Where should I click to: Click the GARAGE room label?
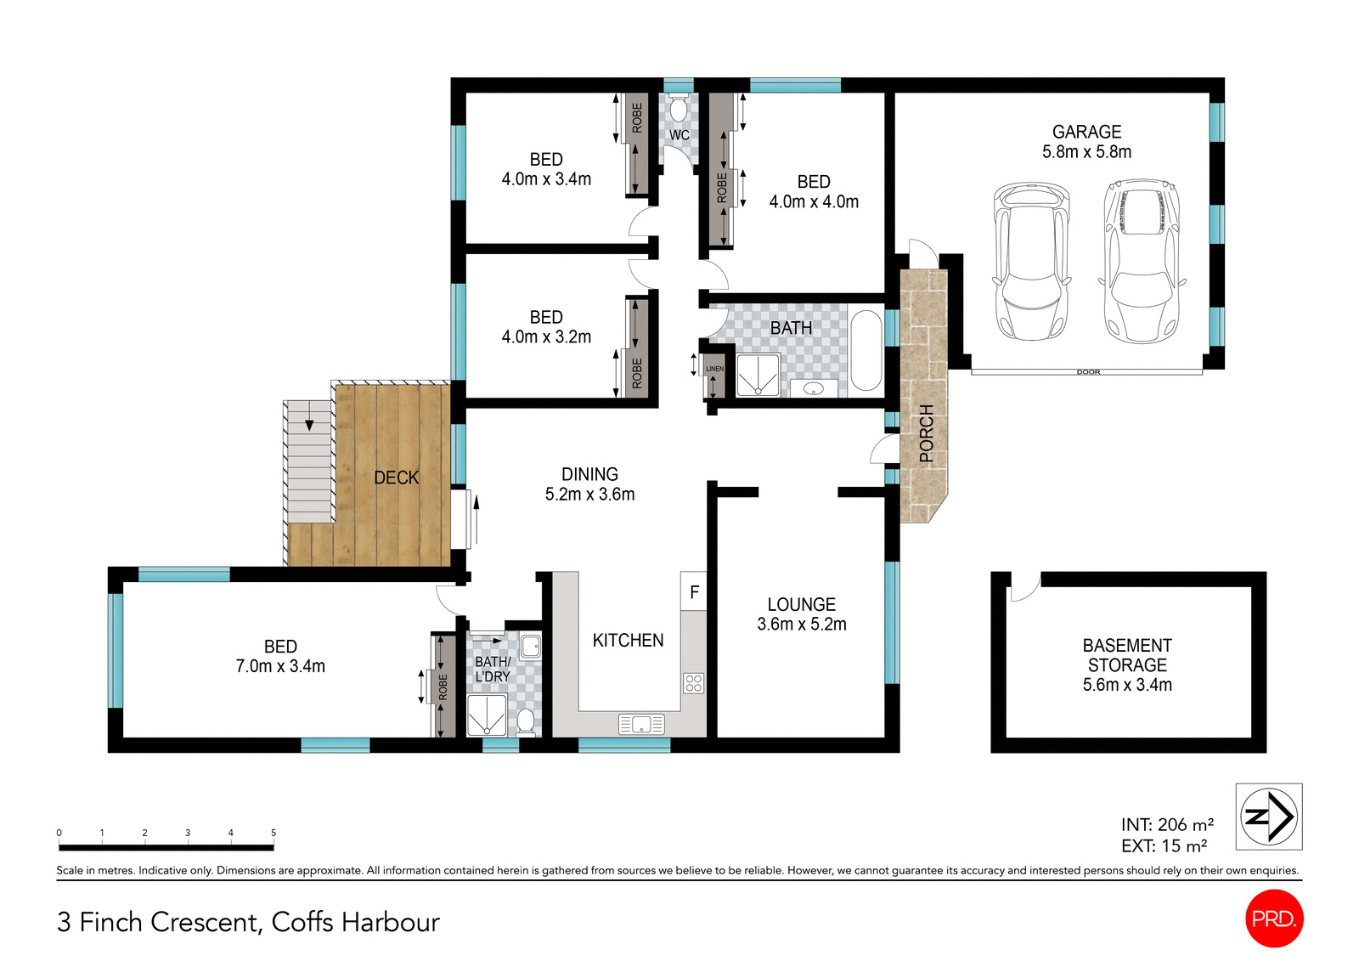1086,132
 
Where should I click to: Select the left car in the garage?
1030,262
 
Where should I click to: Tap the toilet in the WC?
678,110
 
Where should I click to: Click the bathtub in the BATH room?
866,351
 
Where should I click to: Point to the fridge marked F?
694,591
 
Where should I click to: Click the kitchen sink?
641,724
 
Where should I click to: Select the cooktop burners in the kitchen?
693,683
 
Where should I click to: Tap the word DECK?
397,478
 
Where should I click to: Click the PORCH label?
926,433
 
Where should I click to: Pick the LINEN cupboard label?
715,369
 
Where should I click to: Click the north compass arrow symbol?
1269,817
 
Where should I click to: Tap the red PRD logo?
1273,919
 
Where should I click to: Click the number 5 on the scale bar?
273,833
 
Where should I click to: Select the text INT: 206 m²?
1167,824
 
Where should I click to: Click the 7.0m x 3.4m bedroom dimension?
280,666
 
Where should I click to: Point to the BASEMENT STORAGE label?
1127,655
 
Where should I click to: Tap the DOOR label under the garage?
1088,372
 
